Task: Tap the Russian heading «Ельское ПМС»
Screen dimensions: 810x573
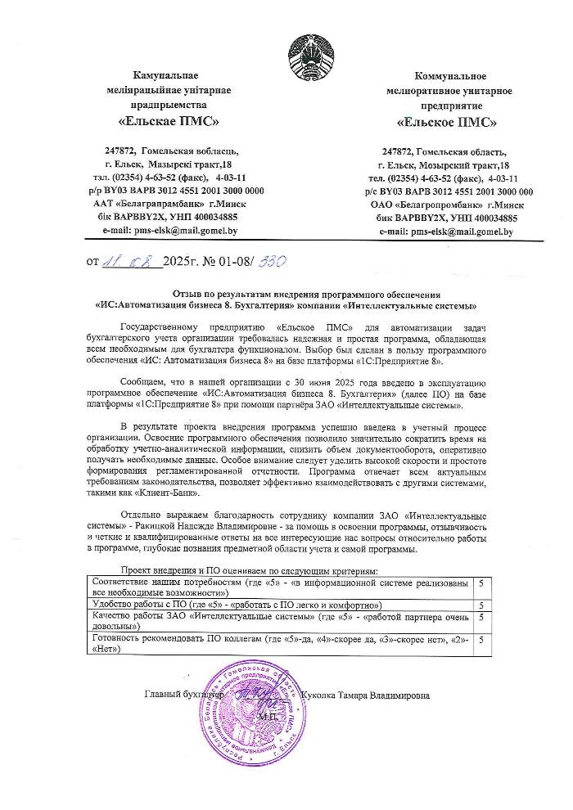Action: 445,122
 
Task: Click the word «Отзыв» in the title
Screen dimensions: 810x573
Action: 190,294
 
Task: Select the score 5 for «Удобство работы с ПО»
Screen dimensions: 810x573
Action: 482,605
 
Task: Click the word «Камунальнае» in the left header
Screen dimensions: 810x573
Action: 167,76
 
